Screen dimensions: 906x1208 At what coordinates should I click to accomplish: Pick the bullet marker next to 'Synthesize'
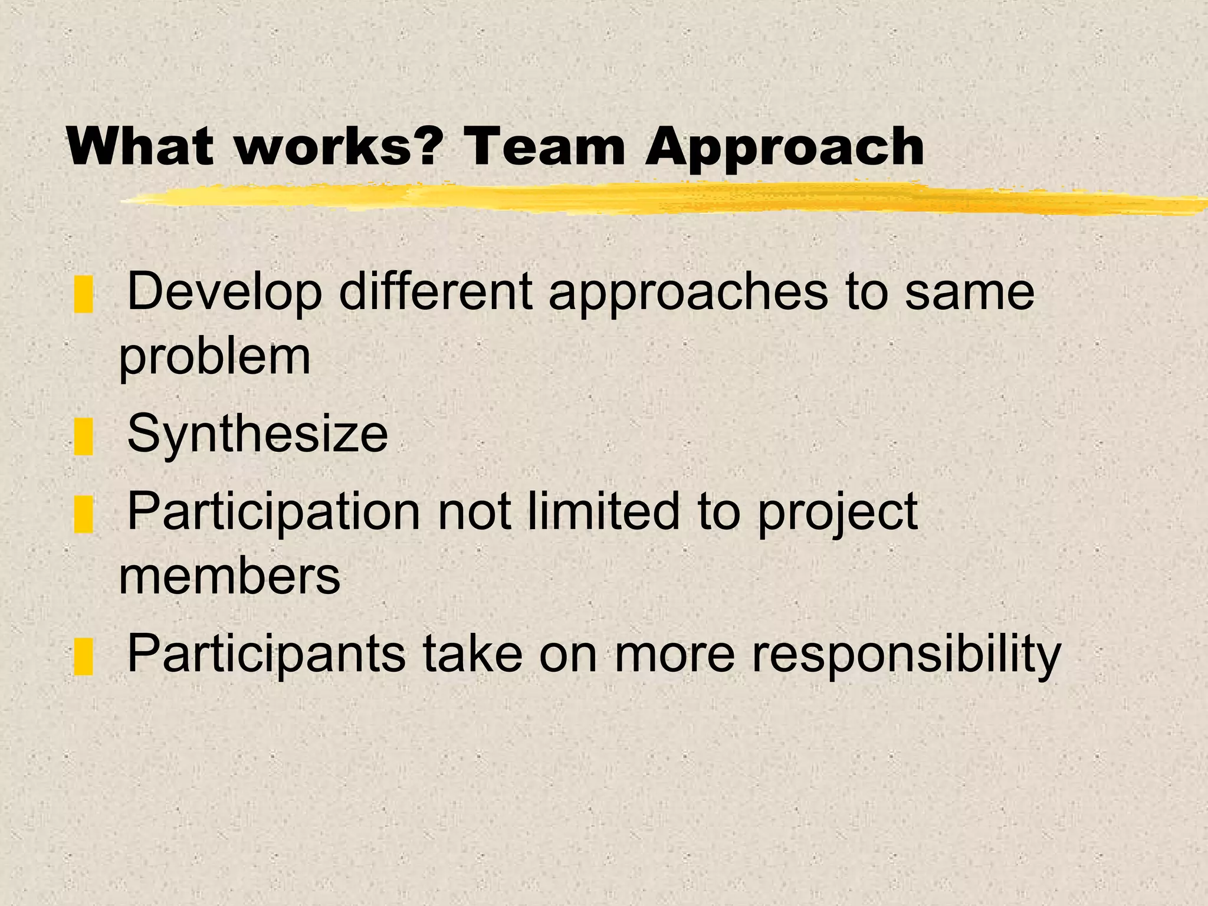click(x=84, y=436)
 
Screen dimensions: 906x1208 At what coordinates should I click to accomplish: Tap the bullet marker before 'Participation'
click(x=84, y=514)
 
